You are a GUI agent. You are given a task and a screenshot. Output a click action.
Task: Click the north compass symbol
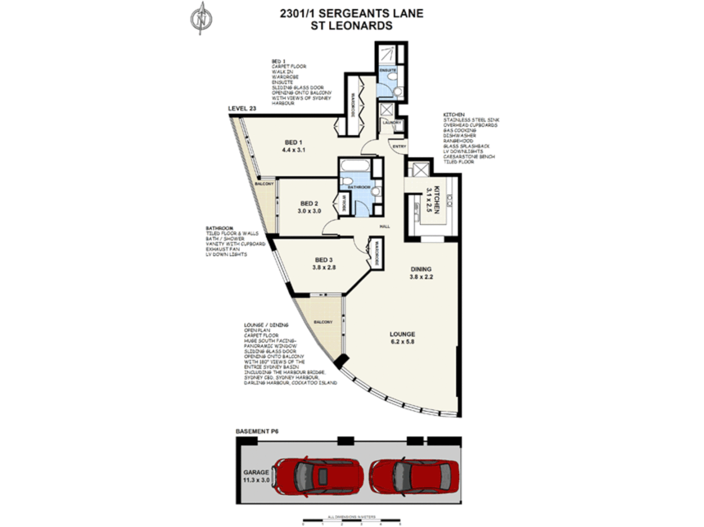200,19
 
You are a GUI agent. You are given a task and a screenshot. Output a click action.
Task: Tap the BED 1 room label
293,146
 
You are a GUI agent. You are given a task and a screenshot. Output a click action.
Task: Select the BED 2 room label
309,207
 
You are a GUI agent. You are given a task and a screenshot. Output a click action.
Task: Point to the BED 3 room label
324,263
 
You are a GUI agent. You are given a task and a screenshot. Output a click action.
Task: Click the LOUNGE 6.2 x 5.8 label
402,338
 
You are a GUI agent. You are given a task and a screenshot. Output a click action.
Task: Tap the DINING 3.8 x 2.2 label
421,273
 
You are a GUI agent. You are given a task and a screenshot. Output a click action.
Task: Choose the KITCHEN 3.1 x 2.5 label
433,200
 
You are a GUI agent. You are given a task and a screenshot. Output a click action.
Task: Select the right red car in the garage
414,477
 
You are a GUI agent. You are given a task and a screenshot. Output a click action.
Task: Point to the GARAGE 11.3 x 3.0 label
256,476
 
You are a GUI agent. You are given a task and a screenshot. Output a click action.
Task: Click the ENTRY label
399,146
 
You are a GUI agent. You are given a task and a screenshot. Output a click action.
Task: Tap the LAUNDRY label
391,122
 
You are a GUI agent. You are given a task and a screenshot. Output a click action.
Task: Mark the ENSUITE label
388,70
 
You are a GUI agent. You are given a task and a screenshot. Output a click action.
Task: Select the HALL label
385,226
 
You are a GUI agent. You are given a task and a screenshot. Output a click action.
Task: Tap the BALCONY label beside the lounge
323,322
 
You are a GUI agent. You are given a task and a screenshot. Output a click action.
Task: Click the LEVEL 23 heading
242,109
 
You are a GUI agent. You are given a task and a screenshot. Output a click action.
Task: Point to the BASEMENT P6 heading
257,431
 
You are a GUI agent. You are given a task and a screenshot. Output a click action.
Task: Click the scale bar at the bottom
351,520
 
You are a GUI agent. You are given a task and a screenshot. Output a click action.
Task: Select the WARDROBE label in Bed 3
376,253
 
